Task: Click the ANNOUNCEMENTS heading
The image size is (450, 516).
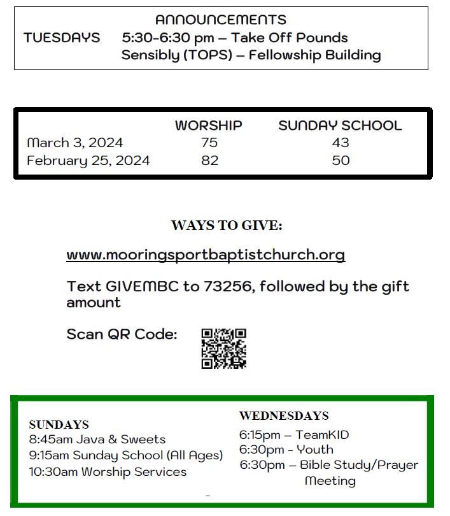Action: click(x=220, y=20)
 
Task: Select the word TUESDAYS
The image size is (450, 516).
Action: click(x=62, y=38)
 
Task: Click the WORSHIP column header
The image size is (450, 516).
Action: click(x=208, y=125)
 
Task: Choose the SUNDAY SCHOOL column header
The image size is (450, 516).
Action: click(x=340, y=125)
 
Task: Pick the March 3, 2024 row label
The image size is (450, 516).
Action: click(x=74, y=143)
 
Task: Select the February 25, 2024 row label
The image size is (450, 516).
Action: click(x=88, y=161)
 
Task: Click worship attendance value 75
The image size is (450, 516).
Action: click(x=209, y=143)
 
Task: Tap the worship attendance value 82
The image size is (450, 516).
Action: click(x=209, y=161)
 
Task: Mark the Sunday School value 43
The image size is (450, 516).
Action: click(x=341, y=143)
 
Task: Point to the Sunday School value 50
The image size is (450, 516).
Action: click(x=341, y=161)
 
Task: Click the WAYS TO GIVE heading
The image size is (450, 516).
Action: click(x=227, y=226)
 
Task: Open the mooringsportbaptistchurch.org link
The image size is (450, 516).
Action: click(x=206, y=255)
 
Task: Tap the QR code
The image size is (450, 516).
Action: click(x=223, y=348)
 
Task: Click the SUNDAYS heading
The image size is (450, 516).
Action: click(x=59, y=425)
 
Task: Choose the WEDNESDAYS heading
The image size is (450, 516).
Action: click(x=284, y=416)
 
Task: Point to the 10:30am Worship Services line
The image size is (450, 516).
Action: click(x=108, y=472)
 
